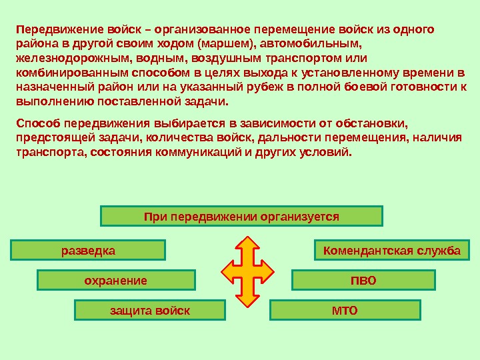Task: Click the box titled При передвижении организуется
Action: coord(241,216)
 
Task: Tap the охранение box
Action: coord(116,280)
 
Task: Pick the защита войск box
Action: coord(150,311)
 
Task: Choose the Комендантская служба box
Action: coord(391,251)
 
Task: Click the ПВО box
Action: coord(363,280)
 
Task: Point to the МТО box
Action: coord(345,311)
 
